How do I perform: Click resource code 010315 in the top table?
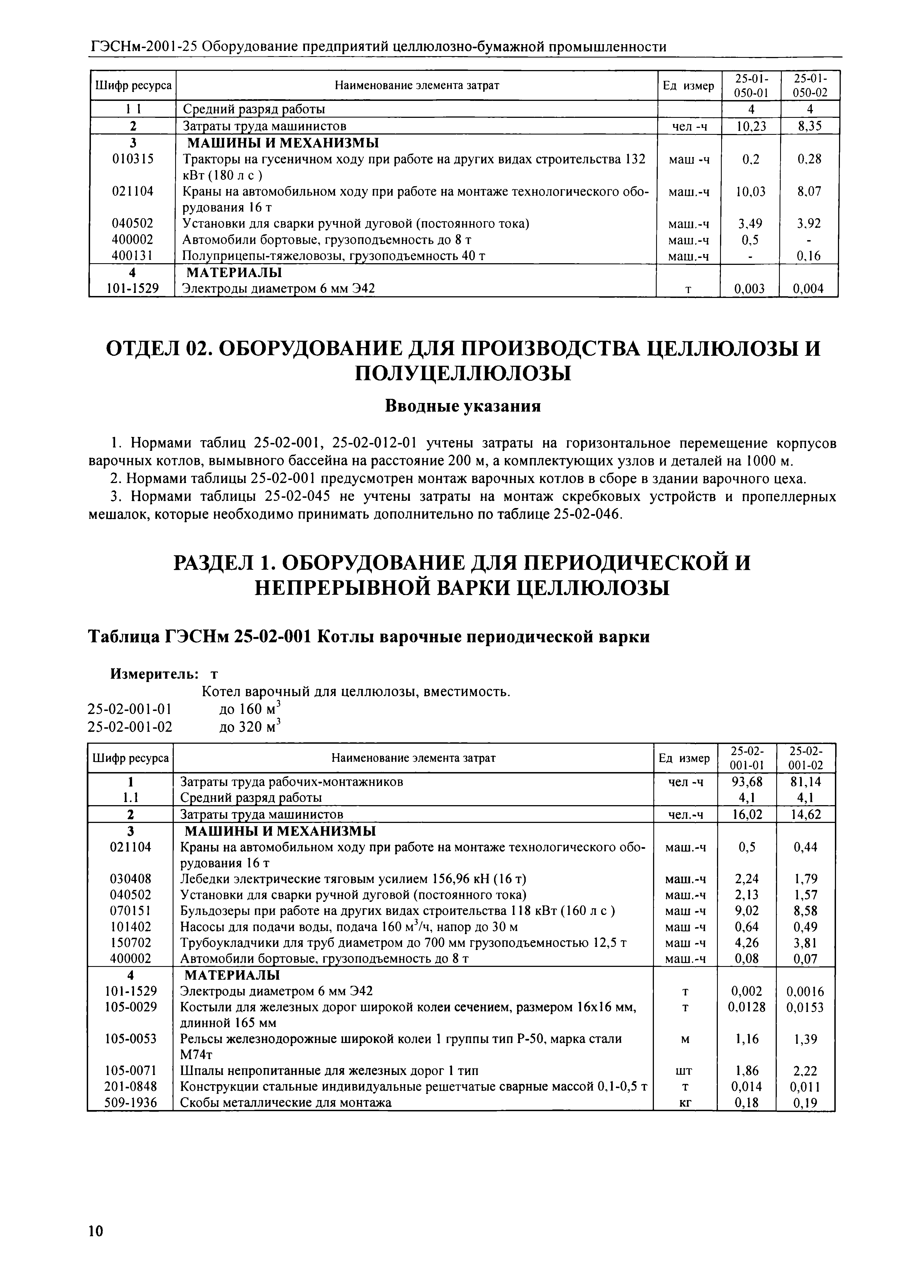tap(132, 160)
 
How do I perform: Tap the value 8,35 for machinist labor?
tap(810, 127)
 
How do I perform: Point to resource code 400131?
tap(132, 256)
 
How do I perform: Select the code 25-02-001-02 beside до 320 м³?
tap(130, 726)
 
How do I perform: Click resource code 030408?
tap(131, 879)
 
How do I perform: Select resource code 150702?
tap(131, 943)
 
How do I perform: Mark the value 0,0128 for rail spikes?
tap(747, 1007)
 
